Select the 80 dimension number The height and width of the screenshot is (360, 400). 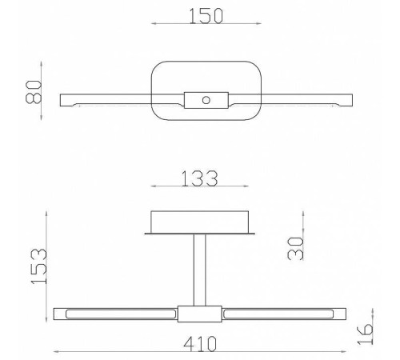[34, 93]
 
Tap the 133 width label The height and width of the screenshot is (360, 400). [200, 178]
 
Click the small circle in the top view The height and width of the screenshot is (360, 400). [206, 100]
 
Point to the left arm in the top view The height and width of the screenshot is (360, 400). [104, 99]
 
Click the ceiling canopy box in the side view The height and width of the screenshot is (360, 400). [200, 221]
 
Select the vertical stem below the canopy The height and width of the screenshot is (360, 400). [200, 268]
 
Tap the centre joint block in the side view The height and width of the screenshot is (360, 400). [200, 313]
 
